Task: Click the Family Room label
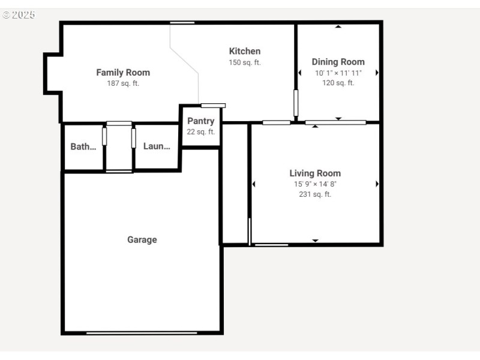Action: point(123,73)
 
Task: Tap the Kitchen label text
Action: point(245,51)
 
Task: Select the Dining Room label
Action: point(338,62)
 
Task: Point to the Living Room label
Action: point(315,173)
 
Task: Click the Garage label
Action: point(142,240)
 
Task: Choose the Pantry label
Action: point(200,121)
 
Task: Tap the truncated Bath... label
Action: point(83,146)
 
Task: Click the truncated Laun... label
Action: point(157,146)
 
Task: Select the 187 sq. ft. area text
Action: point(123,83)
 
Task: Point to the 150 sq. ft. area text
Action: point(245,62)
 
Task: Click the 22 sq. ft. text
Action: point(200,132)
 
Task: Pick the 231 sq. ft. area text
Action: point(315,194)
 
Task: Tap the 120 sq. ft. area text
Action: point(338,83)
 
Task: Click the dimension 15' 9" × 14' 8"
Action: point(315,184)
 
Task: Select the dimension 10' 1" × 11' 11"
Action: point(338,73)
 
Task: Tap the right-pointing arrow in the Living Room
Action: point(377,184)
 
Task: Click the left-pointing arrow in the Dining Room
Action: point(299,73)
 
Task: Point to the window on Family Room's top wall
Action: point(182,23)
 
